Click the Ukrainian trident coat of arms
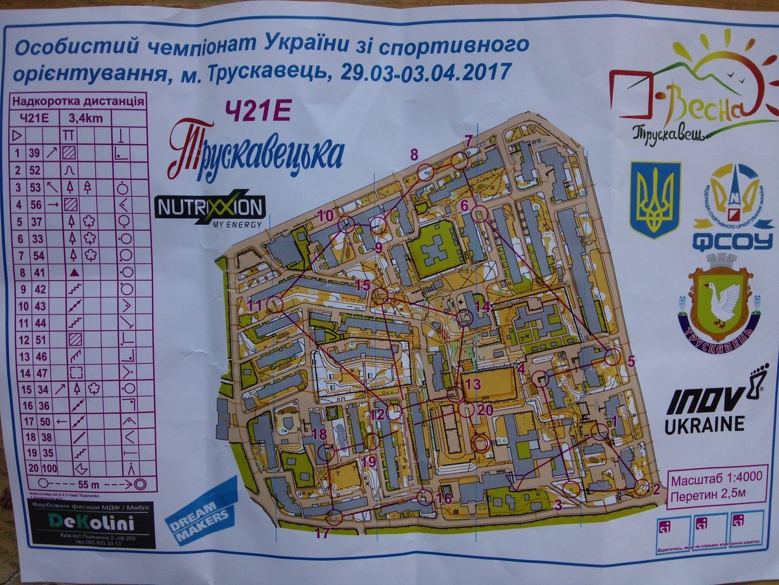coord(655,200)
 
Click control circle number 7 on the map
coord(460,161)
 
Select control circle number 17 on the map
coord(334,517)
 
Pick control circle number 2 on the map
coord(641,487)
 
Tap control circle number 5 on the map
coord(612,356)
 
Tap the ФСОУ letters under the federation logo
coord(732,242)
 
